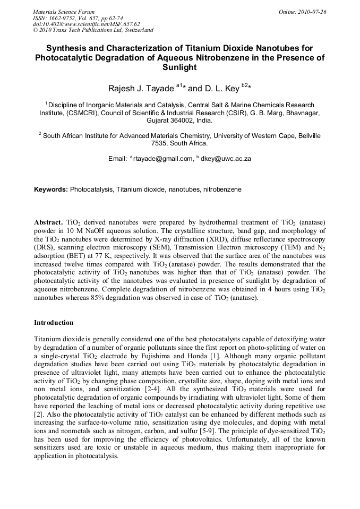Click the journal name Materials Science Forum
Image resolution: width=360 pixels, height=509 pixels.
tap(64, 11)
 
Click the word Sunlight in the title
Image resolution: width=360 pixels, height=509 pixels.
tap(179, 67)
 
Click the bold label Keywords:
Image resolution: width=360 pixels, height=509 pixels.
tap(51, 189)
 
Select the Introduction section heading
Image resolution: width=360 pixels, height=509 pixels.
tap(54, 322)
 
